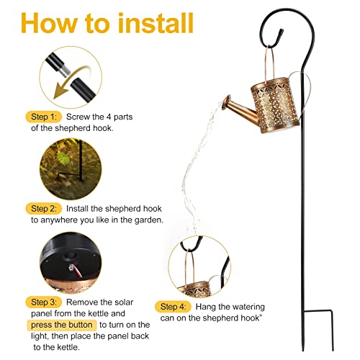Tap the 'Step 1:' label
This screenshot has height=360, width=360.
click(44, 117)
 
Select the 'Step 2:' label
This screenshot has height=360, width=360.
click(44, 209)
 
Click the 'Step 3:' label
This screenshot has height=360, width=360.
click(44, 302)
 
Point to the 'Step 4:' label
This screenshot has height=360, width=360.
click(173, 307)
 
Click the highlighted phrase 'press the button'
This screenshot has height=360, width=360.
click(62, 325)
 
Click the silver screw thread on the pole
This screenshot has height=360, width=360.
click(66, 71)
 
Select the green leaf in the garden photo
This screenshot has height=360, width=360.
click(63, 158)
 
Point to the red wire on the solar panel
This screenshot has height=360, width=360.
click(77, 271)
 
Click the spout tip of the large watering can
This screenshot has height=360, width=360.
click(227, 102)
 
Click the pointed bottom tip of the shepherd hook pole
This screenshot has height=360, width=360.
click(303, 350)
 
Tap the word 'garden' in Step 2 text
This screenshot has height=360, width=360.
click(148, 220)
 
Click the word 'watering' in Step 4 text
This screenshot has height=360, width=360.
click(248, 307)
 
